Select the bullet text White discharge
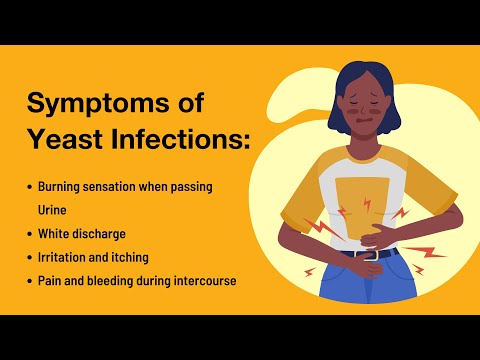[82, 234]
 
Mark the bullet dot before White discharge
[29, 234]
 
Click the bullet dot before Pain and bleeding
[29, 280]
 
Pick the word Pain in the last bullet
[51, 280]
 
